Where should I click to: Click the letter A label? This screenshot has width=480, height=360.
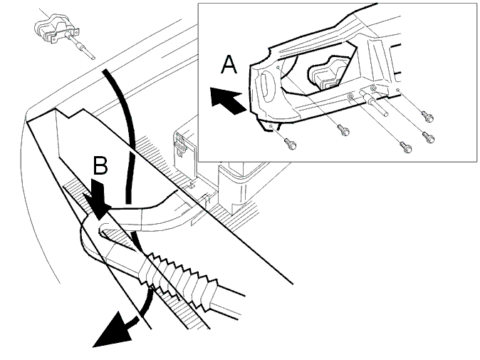(229, 64)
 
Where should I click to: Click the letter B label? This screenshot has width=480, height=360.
(100, 165)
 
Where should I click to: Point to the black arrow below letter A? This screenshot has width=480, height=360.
(229, 100)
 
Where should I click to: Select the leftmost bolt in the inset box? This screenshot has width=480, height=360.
(290, 143)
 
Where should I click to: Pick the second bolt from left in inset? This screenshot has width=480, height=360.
(343, 130)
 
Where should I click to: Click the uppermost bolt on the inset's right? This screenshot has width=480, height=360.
(427, 116)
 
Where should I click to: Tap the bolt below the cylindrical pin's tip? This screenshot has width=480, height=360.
(405, 148)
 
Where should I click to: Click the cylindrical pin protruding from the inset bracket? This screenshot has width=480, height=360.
(374, 103)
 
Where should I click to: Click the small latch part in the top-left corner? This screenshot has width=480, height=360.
(57, 29)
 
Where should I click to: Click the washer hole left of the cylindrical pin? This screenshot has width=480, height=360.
(351, 98)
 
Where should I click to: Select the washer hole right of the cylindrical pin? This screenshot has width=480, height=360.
(373, 89)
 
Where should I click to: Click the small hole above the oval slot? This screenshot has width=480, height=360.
(277, 67)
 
